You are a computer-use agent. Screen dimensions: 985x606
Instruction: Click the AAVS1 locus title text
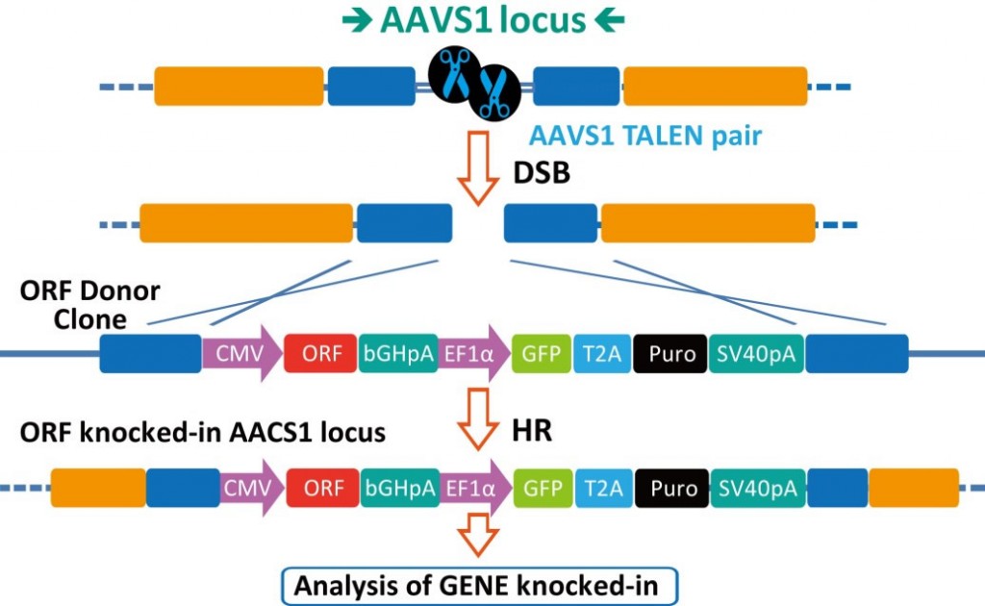(483, 20)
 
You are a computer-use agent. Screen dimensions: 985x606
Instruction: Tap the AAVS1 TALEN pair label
(645, 136)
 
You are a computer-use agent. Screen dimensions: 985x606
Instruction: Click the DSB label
(542, 173)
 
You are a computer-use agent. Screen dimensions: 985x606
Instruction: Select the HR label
(532, 431)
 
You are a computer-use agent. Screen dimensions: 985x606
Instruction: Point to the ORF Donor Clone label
(89, 305)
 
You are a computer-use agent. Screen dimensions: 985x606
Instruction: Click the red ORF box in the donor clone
(321, 354)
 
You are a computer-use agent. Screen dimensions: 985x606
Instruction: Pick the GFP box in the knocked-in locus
(543, 488)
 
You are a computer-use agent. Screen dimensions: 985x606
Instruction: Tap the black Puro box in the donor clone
(670, 354)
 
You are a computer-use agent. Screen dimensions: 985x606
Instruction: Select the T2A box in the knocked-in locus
(603, 488)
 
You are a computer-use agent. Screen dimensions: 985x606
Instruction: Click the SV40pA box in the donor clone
(756, 354)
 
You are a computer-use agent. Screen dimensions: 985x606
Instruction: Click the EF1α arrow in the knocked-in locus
(475, 488)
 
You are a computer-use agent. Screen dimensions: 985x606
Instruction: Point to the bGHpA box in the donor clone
(398, 354)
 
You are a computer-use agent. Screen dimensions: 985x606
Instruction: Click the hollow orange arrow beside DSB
(479, 167)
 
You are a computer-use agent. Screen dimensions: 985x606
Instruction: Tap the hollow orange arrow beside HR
(479, 418)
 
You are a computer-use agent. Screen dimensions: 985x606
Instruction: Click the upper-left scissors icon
(454, 73)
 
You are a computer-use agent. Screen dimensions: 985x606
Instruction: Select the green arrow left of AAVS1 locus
(358, 21)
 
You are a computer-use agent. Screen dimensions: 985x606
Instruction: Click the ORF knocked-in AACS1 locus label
(203, 433)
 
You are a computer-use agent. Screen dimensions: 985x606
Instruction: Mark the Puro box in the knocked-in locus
(672, 488)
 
